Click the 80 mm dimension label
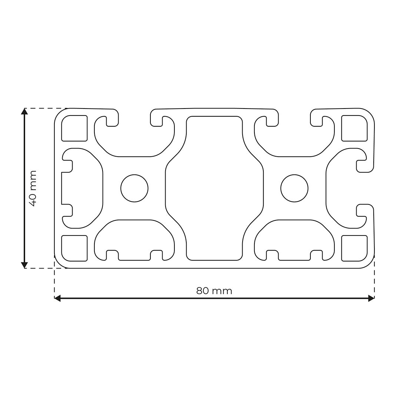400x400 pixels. click(x=214, y=291)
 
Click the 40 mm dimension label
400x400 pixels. click(x=33, y=188)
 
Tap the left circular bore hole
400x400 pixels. click(x=134, y=188)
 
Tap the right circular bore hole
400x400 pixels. click(x=294, y=188)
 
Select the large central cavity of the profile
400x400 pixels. click(x=214, y=188)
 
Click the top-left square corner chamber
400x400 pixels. click(x=74, y=128)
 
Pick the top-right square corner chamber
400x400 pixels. click(x=354, y=128)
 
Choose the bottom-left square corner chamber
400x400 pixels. click(x=74, y=248)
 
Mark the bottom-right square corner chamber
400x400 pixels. click(x=354, y=248)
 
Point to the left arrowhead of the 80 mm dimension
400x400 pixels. click(x=57, y=298)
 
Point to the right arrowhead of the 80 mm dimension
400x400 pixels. click(x=371, y=298)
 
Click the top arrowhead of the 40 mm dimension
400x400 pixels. click(x=24, y=111)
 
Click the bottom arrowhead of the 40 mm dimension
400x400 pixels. click(x=24, y=265)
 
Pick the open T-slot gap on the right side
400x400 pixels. click(x=365, y=188)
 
